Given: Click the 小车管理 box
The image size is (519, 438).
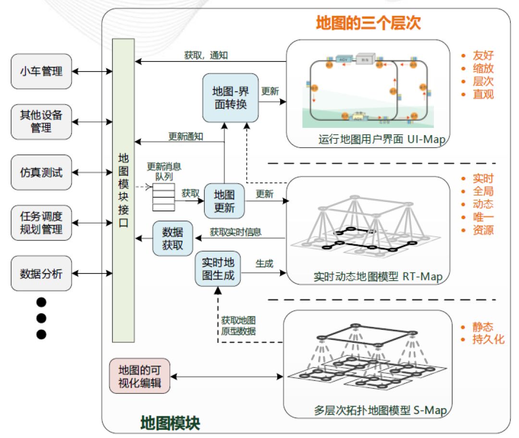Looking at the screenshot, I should (41, 72).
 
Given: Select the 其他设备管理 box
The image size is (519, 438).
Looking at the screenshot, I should (41, 122).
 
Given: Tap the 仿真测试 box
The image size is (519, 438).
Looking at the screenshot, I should (41, 172).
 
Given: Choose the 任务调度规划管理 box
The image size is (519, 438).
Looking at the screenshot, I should (41, 223).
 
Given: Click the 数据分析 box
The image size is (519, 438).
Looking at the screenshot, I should (41, 274).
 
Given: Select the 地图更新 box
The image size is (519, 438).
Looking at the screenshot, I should (224, 201).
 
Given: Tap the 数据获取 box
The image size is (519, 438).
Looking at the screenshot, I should (173, 238).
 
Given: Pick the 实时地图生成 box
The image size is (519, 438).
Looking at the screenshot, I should (218, 269).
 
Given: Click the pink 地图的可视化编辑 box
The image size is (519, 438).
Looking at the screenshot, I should (139, 376).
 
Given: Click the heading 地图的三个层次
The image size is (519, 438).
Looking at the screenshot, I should (368, 23).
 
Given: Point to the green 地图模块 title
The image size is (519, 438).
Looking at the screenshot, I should (170, 423).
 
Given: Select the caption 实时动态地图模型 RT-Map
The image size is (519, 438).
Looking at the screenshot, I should (378, 277).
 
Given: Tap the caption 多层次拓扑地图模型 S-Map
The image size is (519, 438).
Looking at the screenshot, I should (380, 411).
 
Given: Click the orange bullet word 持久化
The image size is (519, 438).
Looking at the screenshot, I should (489, 339).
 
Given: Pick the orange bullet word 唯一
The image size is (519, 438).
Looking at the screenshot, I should (483, 217).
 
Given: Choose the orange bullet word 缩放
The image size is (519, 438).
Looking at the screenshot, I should (483, 68).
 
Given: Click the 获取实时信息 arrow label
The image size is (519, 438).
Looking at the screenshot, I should (235, 232).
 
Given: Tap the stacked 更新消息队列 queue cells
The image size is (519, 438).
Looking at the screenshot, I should (163, 197).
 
